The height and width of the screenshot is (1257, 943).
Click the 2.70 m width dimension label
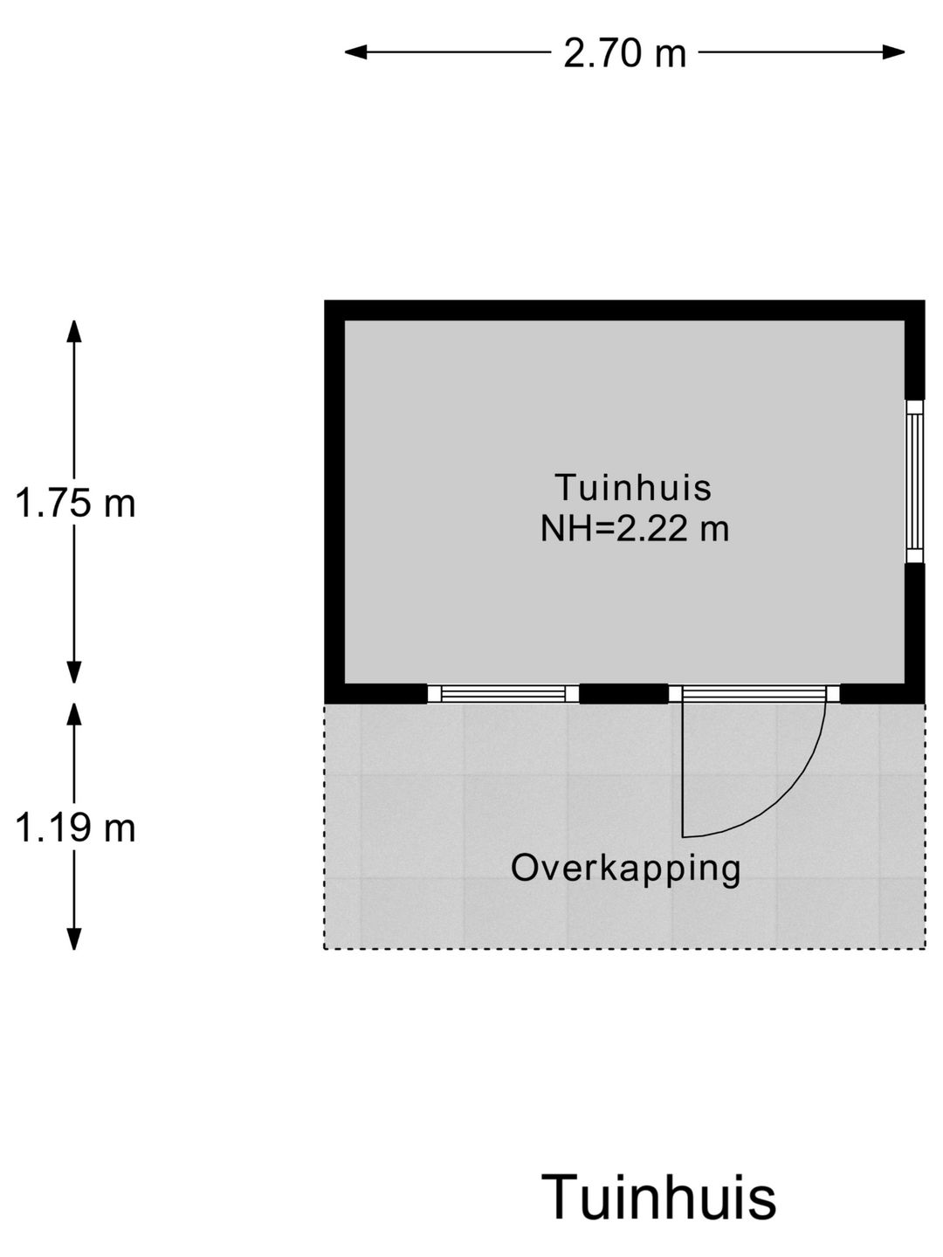[624, 54]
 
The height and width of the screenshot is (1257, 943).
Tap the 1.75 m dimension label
[75, 504]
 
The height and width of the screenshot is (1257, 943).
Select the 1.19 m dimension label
[75, 828]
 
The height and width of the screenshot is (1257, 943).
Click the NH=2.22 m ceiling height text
[635, 528]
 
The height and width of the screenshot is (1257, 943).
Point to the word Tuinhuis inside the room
[633, 487]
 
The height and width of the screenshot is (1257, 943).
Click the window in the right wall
[915, 482]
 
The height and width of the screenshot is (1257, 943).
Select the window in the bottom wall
[504, 694]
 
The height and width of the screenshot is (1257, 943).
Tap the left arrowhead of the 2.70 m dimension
[355, 52]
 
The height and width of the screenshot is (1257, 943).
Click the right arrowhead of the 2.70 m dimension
[893, 52]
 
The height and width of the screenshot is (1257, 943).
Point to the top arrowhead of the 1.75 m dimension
[74, 331]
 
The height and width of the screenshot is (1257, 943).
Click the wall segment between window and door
[624, 693]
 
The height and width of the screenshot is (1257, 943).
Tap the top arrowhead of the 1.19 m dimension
[74, 714]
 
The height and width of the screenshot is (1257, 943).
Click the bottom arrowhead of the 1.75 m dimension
[74, 672]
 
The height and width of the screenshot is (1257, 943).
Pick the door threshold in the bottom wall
[754, 694]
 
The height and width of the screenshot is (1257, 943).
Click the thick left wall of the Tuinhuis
[334, 502]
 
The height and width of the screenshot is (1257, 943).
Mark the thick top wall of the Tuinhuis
[624, 311]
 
